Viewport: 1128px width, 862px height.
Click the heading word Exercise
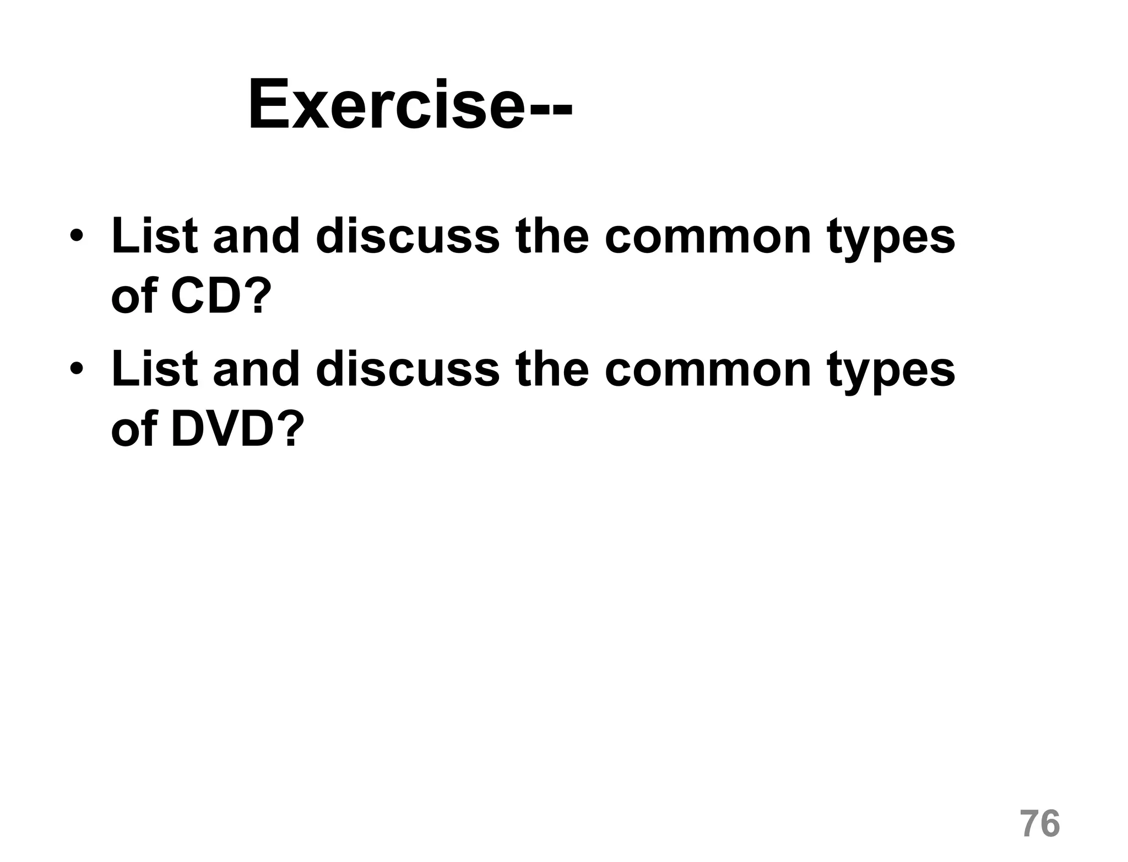click(386, 105)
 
